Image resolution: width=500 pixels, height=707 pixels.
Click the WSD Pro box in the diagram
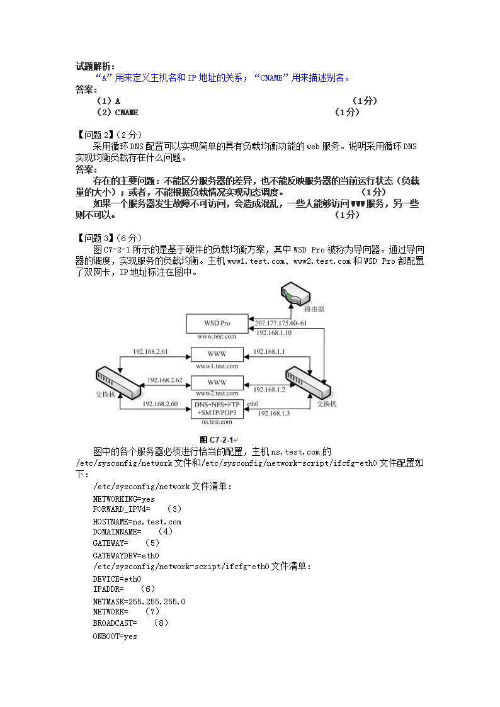pyautogui.click(x=217, y=323)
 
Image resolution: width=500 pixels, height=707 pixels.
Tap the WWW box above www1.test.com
pyautogui.click(x=217, y=353)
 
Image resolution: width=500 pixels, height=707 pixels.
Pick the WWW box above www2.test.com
pyautogui.click(x=217, y=382)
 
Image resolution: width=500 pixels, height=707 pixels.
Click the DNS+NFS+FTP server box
pyautogui.click(x=217, y=408)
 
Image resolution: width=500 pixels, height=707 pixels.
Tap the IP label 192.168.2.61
pyautogui.click(x=151, y=351)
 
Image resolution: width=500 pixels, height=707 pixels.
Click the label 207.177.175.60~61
pyautogui.click(x=281, y=323)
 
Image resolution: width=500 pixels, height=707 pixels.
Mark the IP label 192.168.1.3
pyautogui.click(x=271, y=413)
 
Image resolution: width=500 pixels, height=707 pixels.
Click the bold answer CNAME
pyautogui.click(x=127, y=112)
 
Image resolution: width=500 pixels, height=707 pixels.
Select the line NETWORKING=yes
pyautogui.click(x=123, y=499)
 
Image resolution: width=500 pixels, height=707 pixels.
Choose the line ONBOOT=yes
pyautogui.click(x=115, y=636)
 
